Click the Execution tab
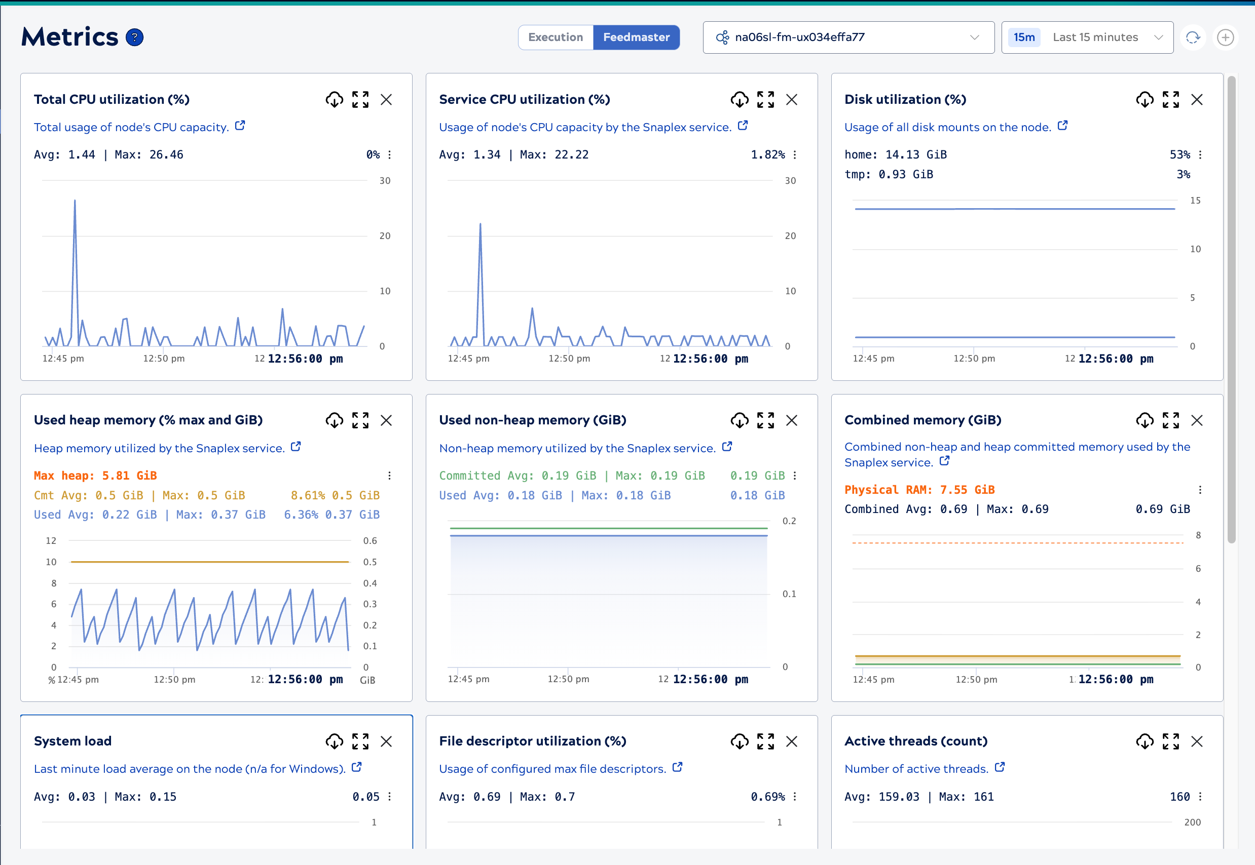(x=555, y=37)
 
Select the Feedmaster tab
(x=636, y=37)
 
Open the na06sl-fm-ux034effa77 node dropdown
(x=847, y=37)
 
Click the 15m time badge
(x=1023, y=37)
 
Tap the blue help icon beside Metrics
(x=134, y=37)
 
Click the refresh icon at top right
(x=1192, y=37)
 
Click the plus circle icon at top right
(x=1225, y=37)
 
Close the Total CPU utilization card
(x=386, y=100)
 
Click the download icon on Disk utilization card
(x=1145, y=100)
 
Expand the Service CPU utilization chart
(x=765, y=100)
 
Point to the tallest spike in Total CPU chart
(x=75, y=202)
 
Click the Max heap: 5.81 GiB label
(x=95, y=476)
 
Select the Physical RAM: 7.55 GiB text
(x=919, y=490)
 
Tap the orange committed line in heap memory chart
(x=209, y=562)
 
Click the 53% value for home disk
(x=1179, y=155)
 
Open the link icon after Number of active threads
(x=1000, y=767)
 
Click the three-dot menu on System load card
(x=389, y=797)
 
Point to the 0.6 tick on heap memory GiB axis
(x=370, y=541)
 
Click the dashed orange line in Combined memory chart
(x=1017, y=543)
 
